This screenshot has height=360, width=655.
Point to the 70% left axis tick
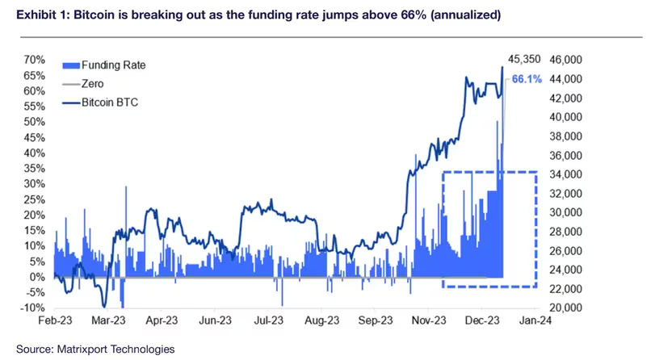pos(34,60)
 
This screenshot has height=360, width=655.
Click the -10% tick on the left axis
pos(33,308)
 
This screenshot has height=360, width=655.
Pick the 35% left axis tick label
pos(34,168)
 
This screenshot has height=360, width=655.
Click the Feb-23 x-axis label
pos(54,321)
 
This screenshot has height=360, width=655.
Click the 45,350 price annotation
pos(524,59)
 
